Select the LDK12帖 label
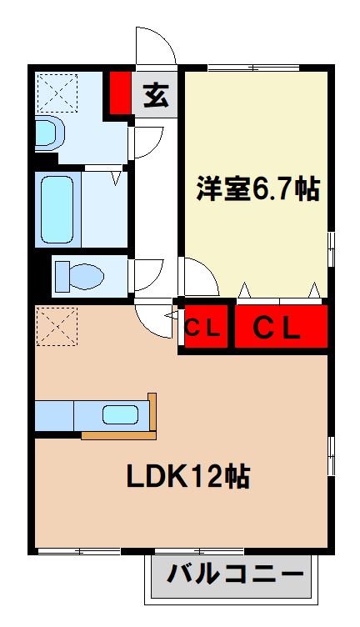click(x=188, y=476)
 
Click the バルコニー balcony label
click(x=234, y=574)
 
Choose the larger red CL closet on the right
click(x=277, y=328)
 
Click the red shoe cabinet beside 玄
click(x=120, y=93)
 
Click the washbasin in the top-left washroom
click(x=48, y=133)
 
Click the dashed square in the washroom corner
click(x=57, y=93)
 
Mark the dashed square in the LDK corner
click(x=57, y=325)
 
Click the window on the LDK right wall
click(x=331, y=455)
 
